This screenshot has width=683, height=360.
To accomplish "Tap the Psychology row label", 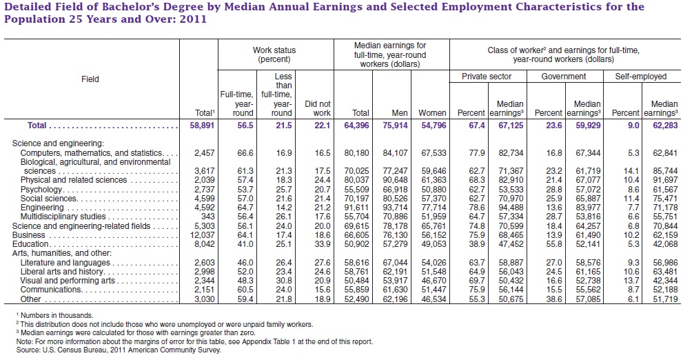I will coord(40,189).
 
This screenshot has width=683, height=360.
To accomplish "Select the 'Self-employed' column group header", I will coord(641,77).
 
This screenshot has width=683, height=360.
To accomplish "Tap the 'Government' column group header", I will coord(564,77).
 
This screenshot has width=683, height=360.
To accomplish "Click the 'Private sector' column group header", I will coord(486,77).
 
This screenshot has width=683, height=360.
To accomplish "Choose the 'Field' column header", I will coord(91,79).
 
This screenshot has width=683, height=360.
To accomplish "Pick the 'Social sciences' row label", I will coord(48,198).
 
